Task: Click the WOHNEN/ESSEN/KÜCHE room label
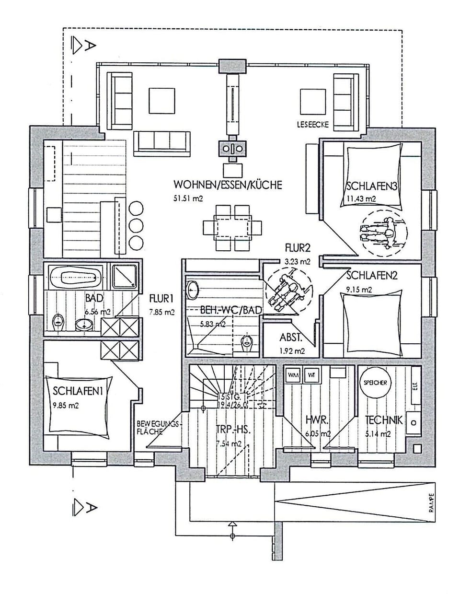(x=228, y=185)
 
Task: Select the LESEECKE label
(x=312, y=125)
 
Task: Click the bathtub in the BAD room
(x=76, y=278)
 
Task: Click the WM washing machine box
(x=293, y=375)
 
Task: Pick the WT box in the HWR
(x=311, y=375)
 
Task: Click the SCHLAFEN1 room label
(x=79, y=391)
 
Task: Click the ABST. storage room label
(x=291, y=338)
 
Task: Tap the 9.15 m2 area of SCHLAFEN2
(x=359, y=290)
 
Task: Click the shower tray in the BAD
(x=125, y=278)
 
